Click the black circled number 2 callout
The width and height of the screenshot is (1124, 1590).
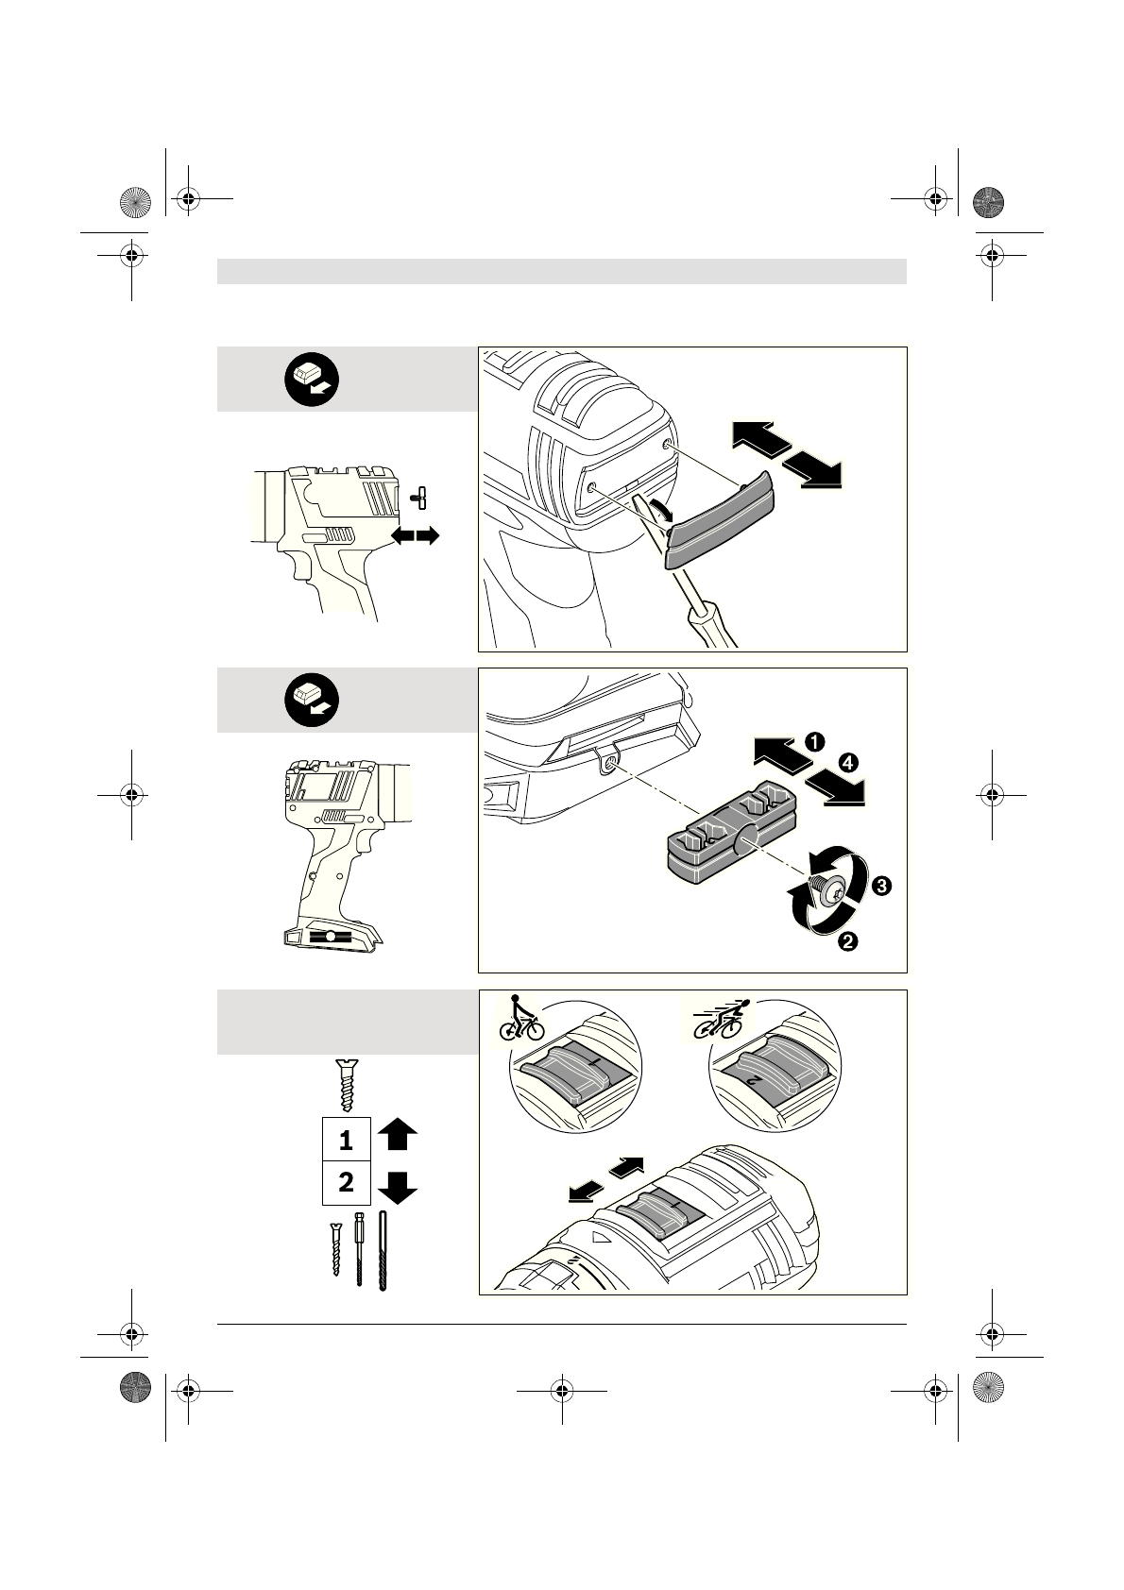pos(848,940)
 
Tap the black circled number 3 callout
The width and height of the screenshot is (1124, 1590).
pos(879,887)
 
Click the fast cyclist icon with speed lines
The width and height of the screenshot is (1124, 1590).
pos(722,1018)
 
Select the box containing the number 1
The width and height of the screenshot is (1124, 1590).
pos(346,1141)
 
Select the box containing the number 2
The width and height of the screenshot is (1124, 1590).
pos(346,1183)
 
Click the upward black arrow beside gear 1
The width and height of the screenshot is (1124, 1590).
pos(397,1134)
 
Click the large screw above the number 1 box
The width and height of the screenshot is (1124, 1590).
pos(345,1086)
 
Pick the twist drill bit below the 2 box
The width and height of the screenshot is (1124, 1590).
pos(383,1251)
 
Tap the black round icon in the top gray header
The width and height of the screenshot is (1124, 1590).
pos(313,380)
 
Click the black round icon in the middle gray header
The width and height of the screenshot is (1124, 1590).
pos(313,701)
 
